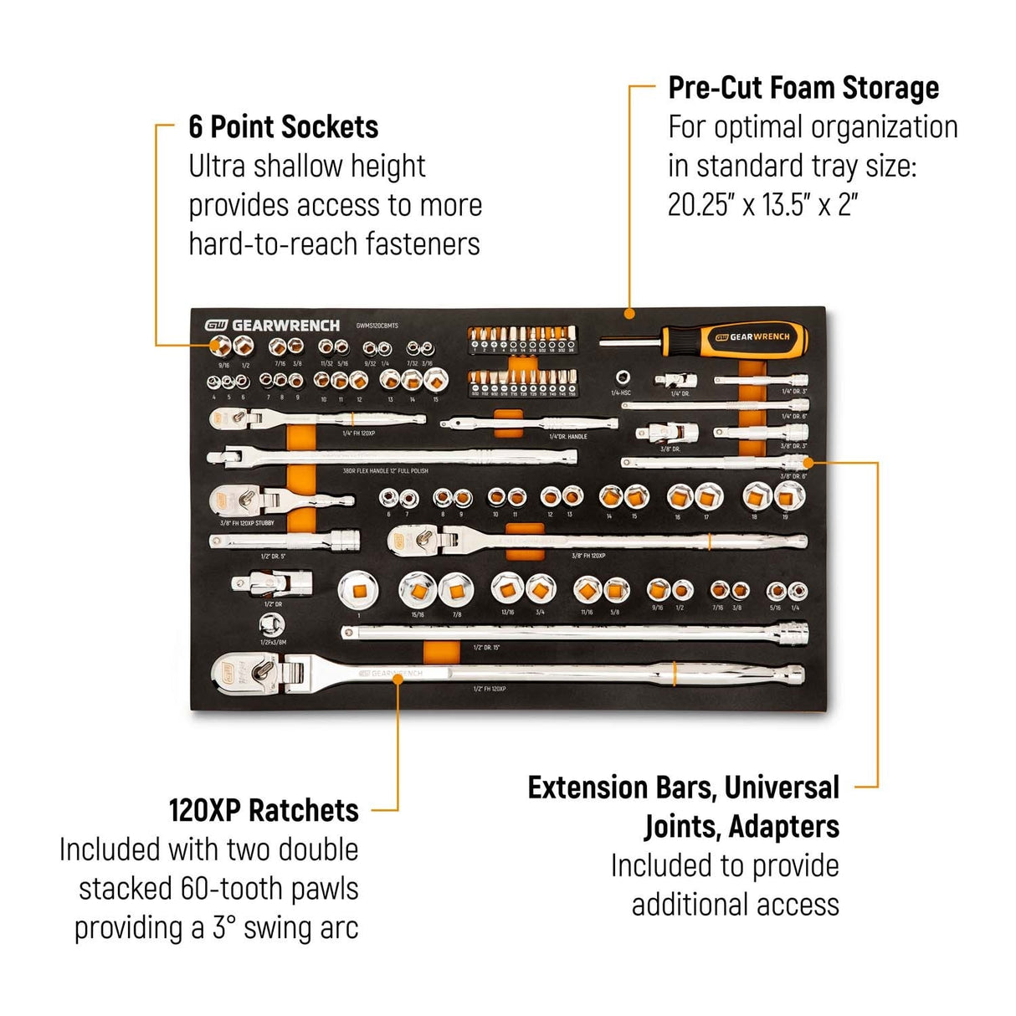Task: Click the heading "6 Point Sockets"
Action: coord(283,127)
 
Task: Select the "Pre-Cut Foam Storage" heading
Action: coord(803,88)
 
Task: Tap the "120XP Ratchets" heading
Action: coord(264,810)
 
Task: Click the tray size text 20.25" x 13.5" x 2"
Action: coord(763,204)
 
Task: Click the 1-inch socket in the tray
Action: coord(358,591)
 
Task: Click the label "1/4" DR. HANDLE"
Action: coord(567,437)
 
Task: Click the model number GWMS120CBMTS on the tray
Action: coord(377,326)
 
